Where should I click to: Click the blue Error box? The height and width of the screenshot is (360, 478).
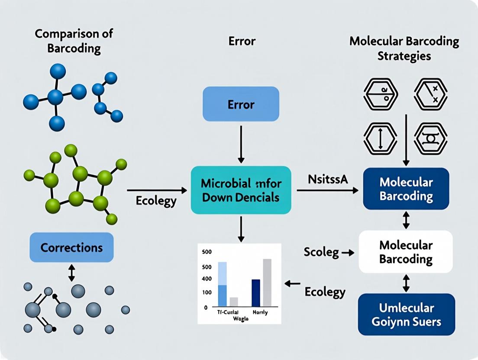coord(241,104)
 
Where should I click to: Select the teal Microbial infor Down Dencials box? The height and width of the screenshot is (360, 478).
coord(241,190)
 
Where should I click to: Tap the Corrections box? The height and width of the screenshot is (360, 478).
coord(71,247)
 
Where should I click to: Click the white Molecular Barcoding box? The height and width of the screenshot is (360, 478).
coord(406,252)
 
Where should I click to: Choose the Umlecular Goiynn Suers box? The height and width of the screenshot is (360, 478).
coord(406,315)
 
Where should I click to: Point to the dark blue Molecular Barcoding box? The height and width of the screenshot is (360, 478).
coord(406,189)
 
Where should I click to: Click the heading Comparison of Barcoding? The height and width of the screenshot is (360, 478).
coord(68,41)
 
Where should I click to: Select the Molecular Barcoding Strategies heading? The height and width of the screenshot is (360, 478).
coord(404,48)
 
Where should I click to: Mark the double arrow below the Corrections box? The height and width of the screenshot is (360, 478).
coord(71,273)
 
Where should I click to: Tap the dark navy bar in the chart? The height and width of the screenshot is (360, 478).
coord(256,292)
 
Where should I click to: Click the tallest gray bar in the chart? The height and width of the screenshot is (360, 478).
coord(267,282)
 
